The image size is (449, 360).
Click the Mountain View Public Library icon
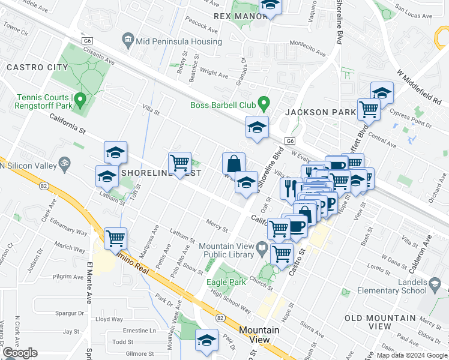pos(262,247)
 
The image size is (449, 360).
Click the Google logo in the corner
pos(20,353)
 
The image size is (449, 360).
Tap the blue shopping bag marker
pos(234,163)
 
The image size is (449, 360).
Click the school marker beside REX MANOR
pos(271,6)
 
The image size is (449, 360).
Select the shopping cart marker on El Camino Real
pos(115,238)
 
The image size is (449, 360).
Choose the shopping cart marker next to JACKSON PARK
pos(369,109)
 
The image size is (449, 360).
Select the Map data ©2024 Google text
pos(412,355)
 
